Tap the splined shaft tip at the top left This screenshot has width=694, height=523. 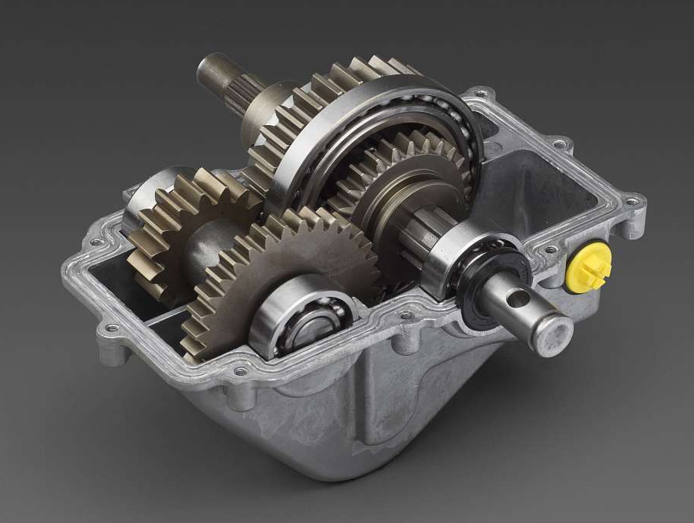pyautogui.click(x=215, y=73)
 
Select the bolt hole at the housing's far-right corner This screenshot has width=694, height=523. pyautogui.click(x=631, y=202)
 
